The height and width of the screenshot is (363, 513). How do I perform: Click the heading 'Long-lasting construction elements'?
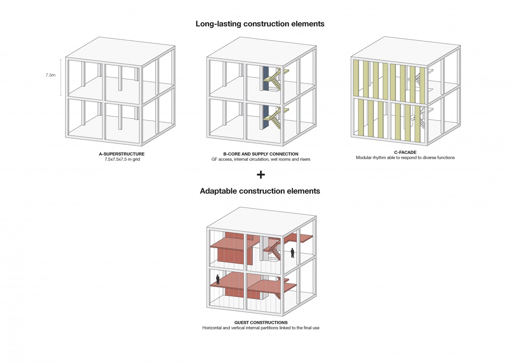tap(260, 24)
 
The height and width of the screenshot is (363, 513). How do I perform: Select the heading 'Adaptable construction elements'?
tap(260, 191)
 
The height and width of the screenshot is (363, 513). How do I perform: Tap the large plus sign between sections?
tap(261, 174)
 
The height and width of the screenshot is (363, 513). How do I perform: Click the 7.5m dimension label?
tap(50, 75)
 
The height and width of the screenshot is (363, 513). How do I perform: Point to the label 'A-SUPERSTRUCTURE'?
tap(122, 154)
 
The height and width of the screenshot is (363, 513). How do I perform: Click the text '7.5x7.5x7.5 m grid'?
tap(122, 159)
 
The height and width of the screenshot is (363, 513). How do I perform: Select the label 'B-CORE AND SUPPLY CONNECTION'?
tap(261, 154)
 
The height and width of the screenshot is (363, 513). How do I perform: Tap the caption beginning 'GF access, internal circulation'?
tap(261, 159)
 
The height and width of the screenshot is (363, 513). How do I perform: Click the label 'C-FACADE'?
tap(405, 152)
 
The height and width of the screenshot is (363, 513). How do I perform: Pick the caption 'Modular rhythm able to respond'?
tap(405, 158)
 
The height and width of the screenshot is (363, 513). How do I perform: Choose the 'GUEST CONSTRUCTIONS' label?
tap(261, 323)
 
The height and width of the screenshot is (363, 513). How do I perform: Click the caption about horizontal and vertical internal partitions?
tap(261, 328)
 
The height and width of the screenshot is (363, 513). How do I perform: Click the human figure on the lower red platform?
tap(218, 279)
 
